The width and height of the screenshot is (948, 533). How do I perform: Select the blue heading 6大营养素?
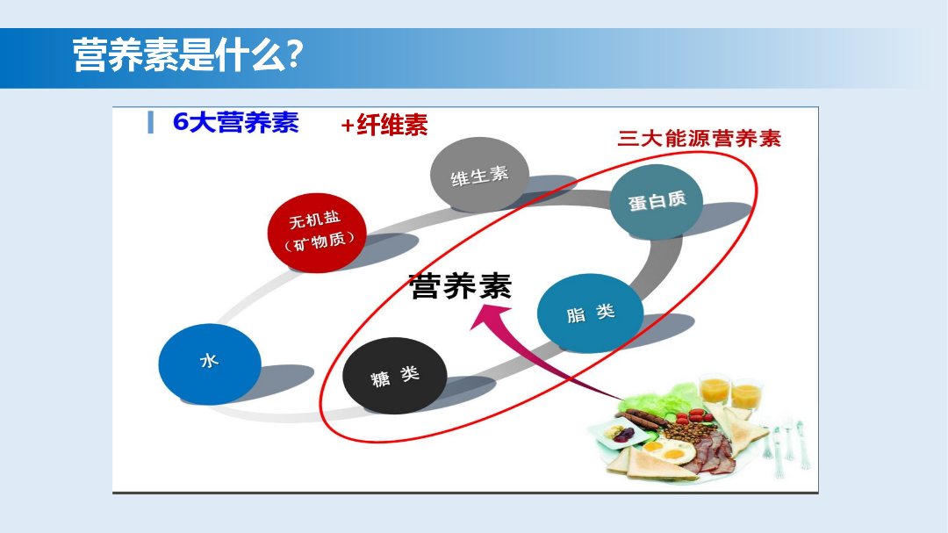click(235, 122)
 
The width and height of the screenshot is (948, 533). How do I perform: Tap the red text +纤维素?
click(384, 126)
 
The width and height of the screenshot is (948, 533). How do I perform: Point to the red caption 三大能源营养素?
click(699, 138)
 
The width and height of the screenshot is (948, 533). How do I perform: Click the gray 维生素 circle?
click(479, 175)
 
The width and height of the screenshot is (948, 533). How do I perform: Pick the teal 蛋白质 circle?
click(657, 201)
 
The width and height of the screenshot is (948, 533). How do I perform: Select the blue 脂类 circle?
click(590, 313)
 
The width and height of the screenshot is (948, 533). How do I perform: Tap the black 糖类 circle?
click(395, 375)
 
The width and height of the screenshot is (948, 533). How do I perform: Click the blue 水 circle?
click(209, 363)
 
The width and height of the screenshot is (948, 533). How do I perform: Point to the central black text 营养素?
click(460, 285)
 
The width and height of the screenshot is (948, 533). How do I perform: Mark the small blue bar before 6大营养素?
click(150, 123)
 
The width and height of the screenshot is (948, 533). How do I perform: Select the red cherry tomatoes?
click(698, 414)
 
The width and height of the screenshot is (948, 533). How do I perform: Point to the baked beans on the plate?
click(686, 432)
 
